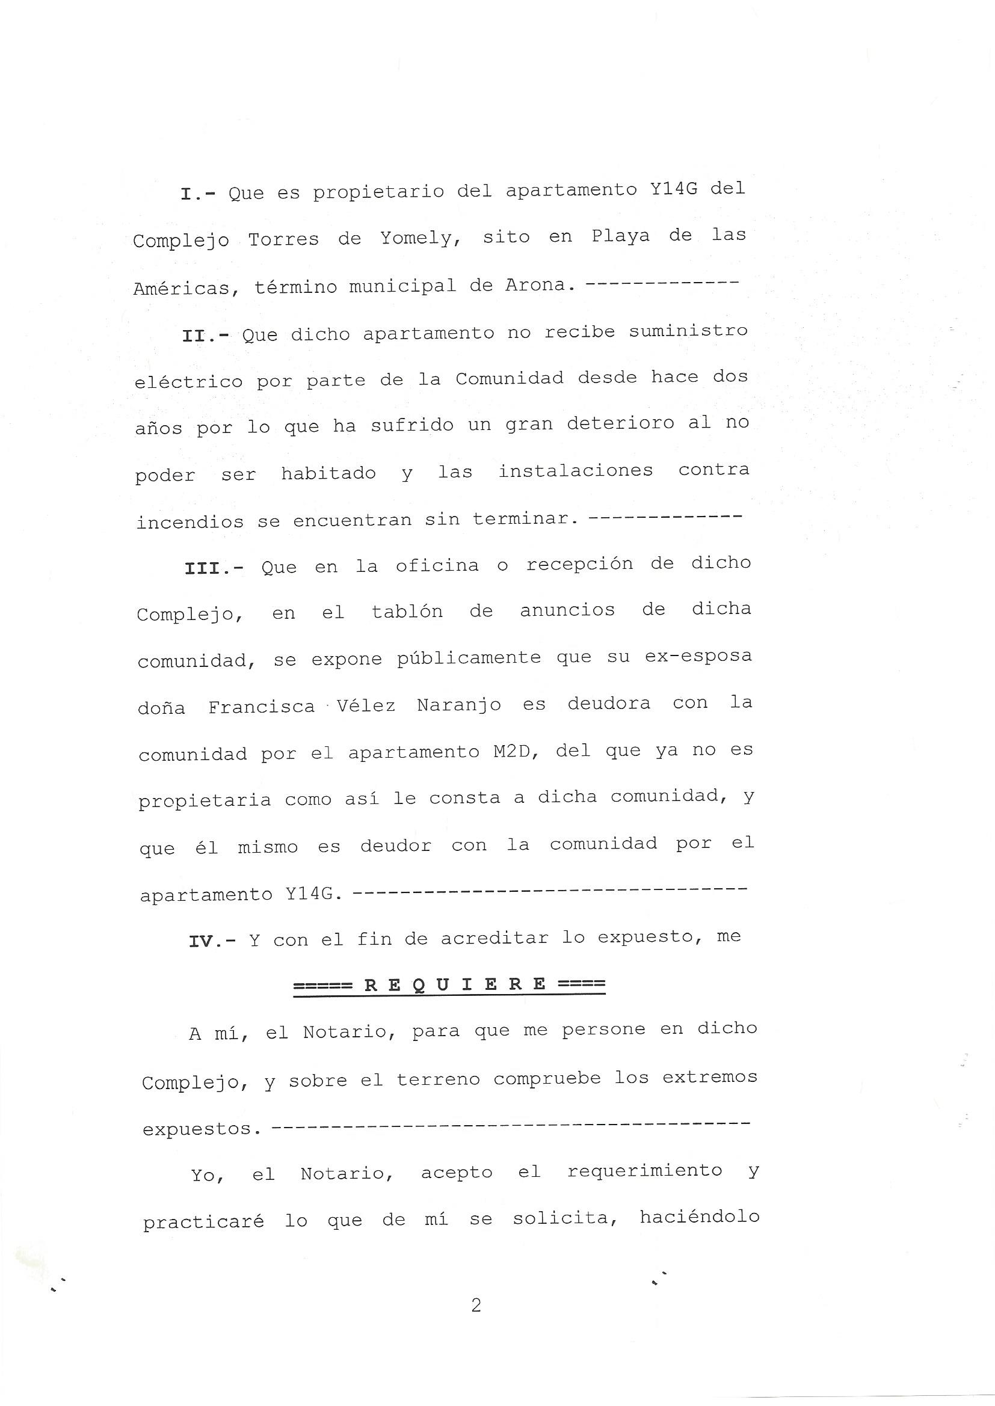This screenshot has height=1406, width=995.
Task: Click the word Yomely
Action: point(420,238)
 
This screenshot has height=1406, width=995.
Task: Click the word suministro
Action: point(688,331)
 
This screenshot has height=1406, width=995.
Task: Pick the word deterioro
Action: point(620,424)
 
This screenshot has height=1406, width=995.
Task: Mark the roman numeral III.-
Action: point(214,568)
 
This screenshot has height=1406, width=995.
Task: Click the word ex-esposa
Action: point(698,657)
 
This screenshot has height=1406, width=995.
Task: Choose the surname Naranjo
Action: point(458,705)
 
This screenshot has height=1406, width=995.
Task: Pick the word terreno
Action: point(438,1079)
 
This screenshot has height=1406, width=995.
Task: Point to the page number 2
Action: point(476,1306)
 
